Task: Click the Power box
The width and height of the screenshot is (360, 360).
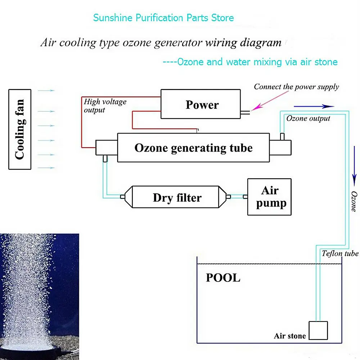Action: pyautogui.click(x=202, y=104)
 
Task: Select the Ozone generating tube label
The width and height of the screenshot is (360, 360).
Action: pyautogui.click(x=193, y=148)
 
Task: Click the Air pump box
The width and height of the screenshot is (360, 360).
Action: pyautogui.click(x=269, y=197)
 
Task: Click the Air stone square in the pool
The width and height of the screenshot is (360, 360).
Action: pyautogui.click(x=319, y=330)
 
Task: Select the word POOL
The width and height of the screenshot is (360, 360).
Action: pyautogui.click(x=223, y=278)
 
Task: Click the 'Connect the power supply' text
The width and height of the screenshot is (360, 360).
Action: pyautogui.click(x=296, y=86)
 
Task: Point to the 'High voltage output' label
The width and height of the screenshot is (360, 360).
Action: pyautogui.click(x=105, y=106)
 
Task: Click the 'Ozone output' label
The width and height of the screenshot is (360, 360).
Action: pyautogui.click(x=308, y=118)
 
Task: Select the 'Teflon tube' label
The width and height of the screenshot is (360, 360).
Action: pyautogui.click(x=340, y=253)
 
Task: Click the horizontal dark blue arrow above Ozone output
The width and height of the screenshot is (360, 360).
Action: pyautogui.click(x=314, y=106)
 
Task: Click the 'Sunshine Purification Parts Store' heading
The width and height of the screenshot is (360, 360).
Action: pyautogui.click(x=163, y=18)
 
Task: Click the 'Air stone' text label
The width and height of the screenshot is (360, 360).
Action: pyautogui.click(x=289, y=336)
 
